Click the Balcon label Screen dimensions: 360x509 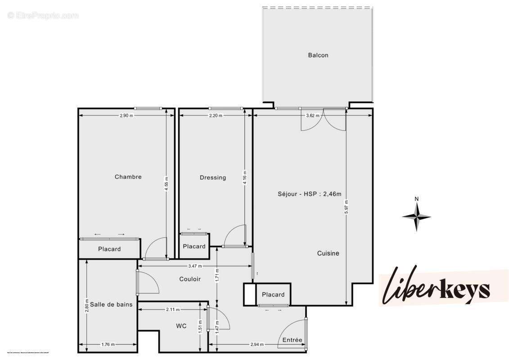318,55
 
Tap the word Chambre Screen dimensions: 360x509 128,177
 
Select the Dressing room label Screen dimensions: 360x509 213,178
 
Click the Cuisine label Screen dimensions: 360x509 328,253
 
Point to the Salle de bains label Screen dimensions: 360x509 111,305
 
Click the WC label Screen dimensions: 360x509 181,326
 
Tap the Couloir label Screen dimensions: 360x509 190,279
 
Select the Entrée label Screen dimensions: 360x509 293,340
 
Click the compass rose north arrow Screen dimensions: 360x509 417,215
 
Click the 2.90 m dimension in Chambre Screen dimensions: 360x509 127,116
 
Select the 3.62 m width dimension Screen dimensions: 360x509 312,116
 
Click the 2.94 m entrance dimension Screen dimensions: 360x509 257,345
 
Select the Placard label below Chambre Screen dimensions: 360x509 109,249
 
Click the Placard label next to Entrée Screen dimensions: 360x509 273,295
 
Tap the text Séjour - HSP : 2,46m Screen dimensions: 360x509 310,194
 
